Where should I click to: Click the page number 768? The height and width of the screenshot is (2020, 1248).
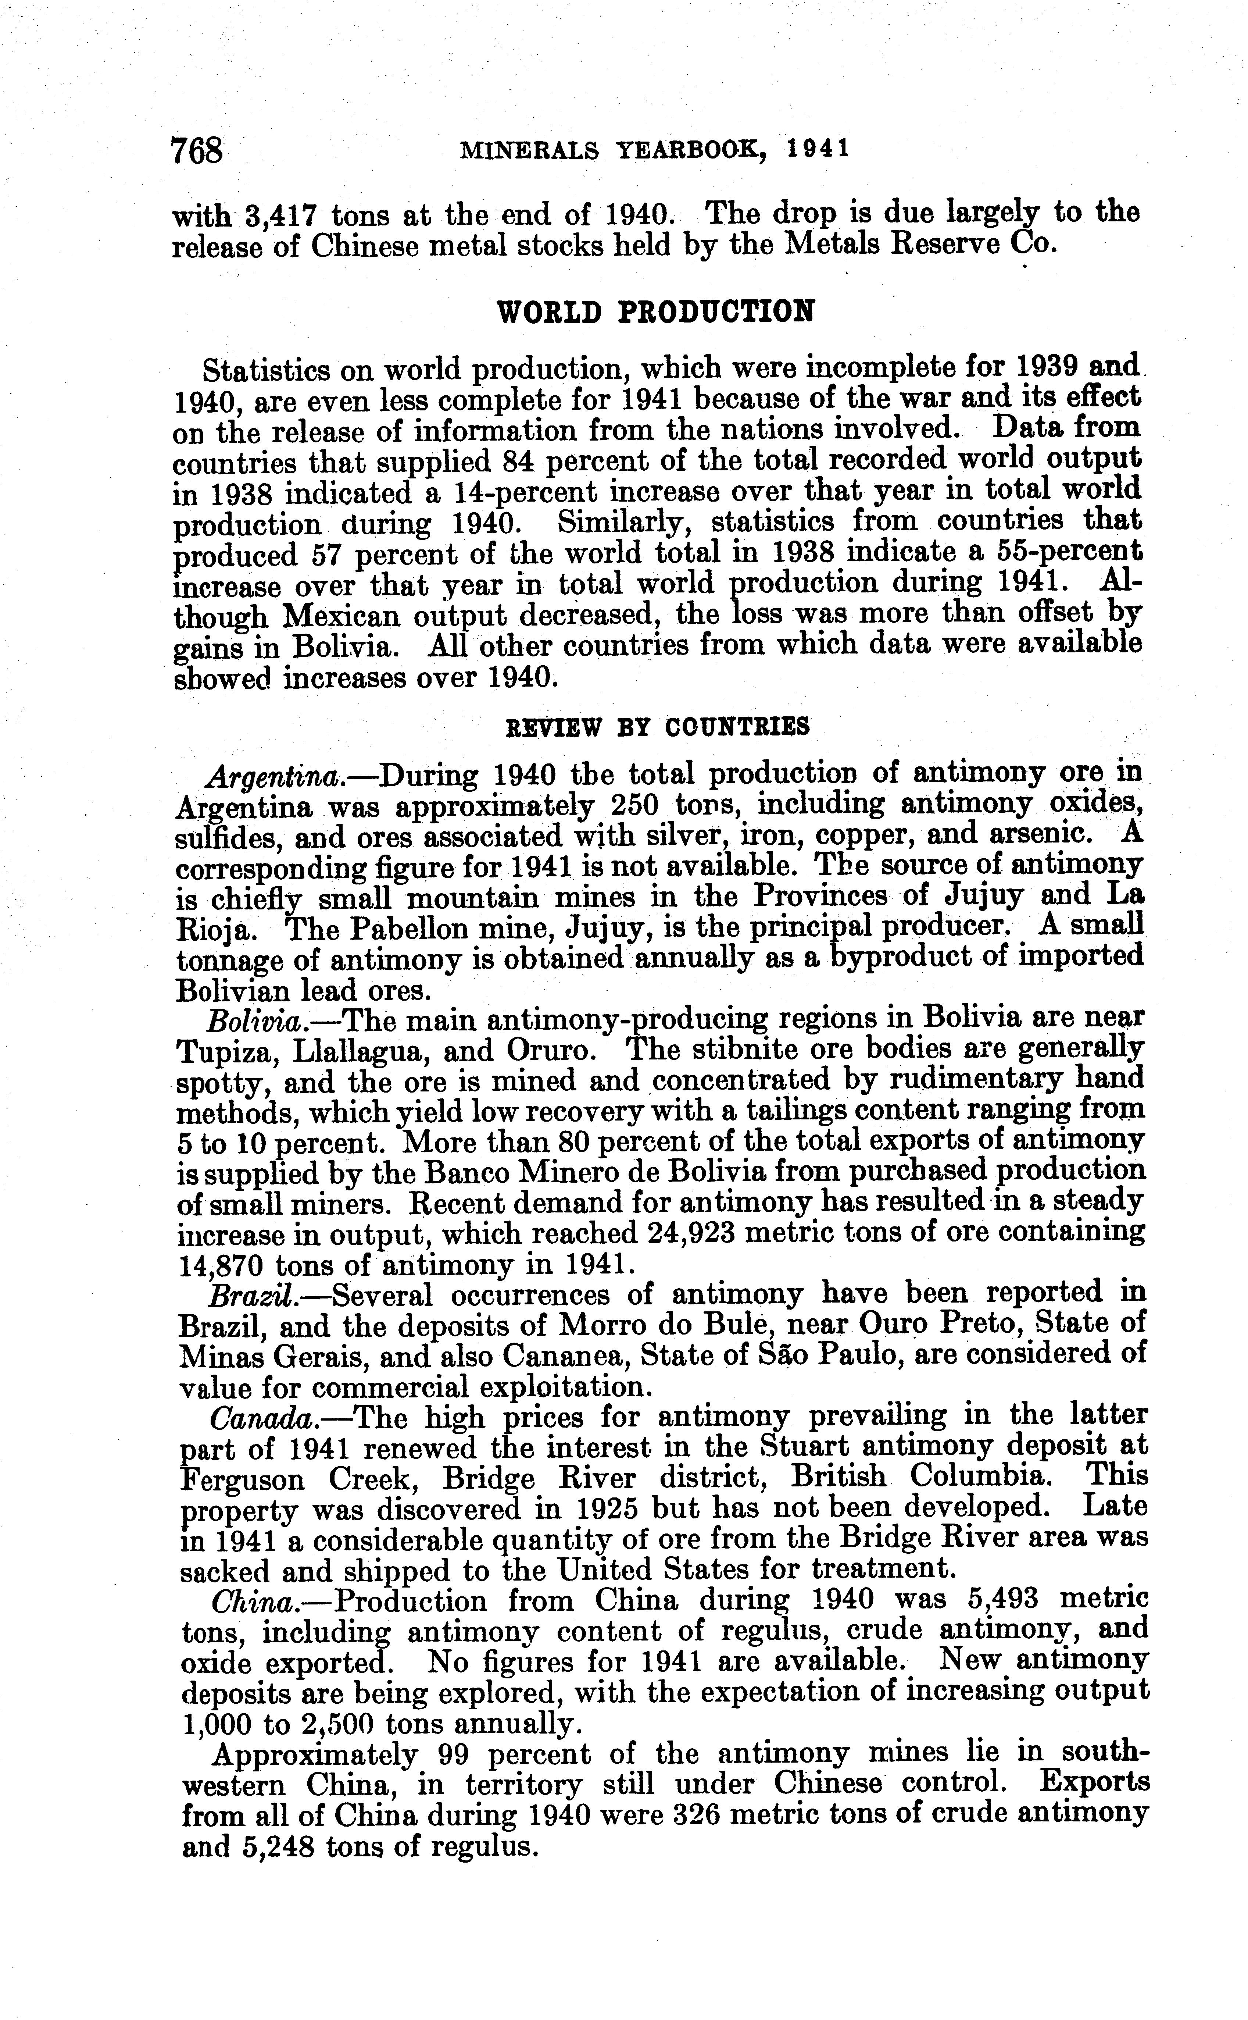pyautogui.click(x=196, y=151)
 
